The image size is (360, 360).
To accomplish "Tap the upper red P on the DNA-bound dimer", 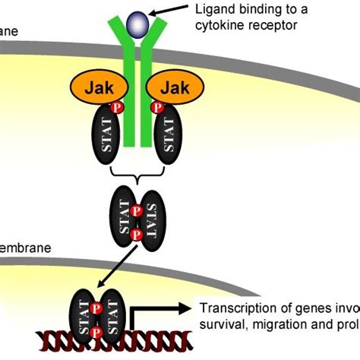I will pos(97,309).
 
